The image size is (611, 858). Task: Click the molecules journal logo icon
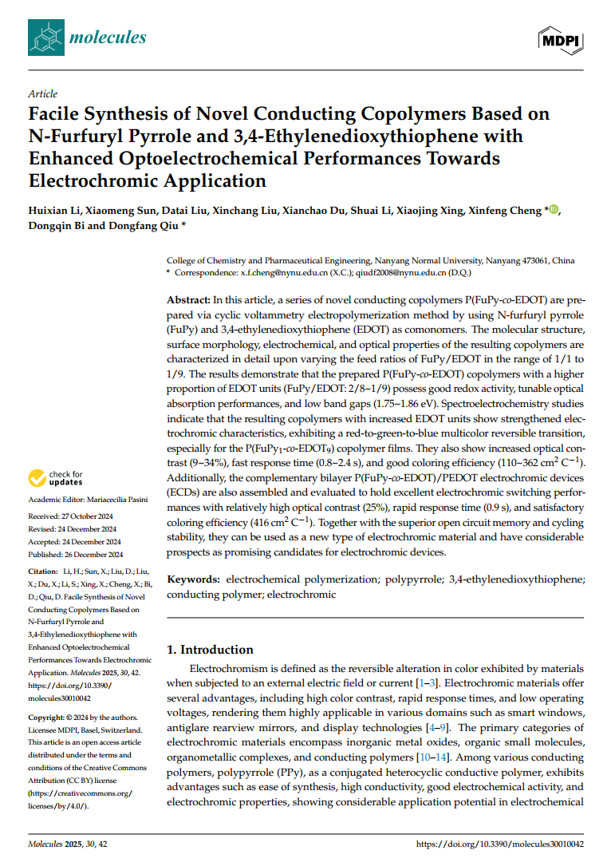click(x=45, y=37)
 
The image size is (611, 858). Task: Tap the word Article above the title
click(x=42, y=93)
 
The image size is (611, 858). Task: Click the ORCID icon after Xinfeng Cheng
click(x=554, y=211)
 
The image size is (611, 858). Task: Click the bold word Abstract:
click(x=188, y=299)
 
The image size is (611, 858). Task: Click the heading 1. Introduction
click(x=210, y=650)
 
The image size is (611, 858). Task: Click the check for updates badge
click(x=55, y=478)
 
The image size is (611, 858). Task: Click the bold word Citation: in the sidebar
click(x=42, y=572)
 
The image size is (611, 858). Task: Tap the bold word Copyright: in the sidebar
click(x=45, y=718)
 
